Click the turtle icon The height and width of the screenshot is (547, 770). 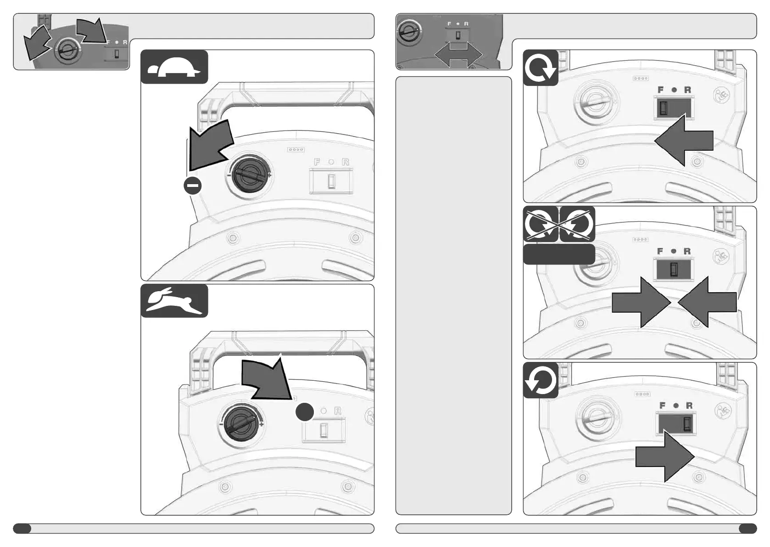[x=174, y=67]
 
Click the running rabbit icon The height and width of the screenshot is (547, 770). [x=174, y=301]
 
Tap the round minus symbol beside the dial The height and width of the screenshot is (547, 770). [x=193, y=186]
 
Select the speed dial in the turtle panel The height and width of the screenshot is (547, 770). [x=250, y=175]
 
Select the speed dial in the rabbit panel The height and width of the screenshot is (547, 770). [x=241, y=424]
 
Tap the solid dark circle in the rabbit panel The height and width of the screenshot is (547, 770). [x=305, y=412]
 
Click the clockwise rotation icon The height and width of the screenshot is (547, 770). [x=541, y=68]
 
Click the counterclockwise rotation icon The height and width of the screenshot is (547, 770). [x=541, y=380]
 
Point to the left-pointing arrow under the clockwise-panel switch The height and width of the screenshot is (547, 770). [x=684, y=141]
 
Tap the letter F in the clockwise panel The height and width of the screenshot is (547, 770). [x=660, y=90]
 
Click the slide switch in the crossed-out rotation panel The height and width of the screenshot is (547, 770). [x=674, y=270]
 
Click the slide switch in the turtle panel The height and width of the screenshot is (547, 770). [x=331, y=181]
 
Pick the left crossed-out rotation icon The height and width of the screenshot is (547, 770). [x=541, y=224]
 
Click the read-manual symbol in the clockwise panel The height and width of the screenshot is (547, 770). [x=721, y=96]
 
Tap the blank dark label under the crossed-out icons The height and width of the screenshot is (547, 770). [x=559, y=254]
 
